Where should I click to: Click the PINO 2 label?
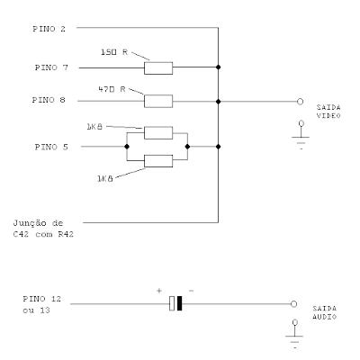pyautogui.click(x=49, y=29)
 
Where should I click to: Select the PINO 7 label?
pyautogui.click(x=51, y=67)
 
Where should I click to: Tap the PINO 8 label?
pyautogui.click(x=49, y=100)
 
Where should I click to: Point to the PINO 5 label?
pyautogui.click(x=51, y=147)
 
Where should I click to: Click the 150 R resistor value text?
pyautogui.click(x=114, y=52)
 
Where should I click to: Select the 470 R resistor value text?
pyautogui.click(x=112, y=89)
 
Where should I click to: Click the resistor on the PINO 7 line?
pyautogui.click(x=158, y=68)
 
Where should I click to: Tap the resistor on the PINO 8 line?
pyautogui.click(x=158, y=101)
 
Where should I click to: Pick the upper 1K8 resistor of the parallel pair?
pyautogui.click(x=158, y=133)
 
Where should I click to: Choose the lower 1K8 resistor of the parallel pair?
pyautogui.click(x=158, y=161)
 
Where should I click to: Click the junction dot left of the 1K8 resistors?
pyautogui.click(x=127, y=147)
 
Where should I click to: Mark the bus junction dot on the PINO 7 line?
pyautogui.click(x=218, y=67)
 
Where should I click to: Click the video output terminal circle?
pyautogui.click(x=300, y=102)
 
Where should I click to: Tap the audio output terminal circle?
pyautogui.click(x=293, y=304)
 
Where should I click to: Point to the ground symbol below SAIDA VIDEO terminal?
pyautogui.click(x=301, y=135)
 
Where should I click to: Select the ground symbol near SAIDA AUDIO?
pyautogui.click(x=294, y=334)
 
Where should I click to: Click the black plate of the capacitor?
pyautogui.click(x=179, y=303)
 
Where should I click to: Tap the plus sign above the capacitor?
pyautogui.click(x=159, y=291)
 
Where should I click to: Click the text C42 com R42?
pyautogui.click(x=43, y=234)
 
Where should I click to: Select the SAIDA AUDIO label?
pyautogui.click(x=325, y=312)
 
